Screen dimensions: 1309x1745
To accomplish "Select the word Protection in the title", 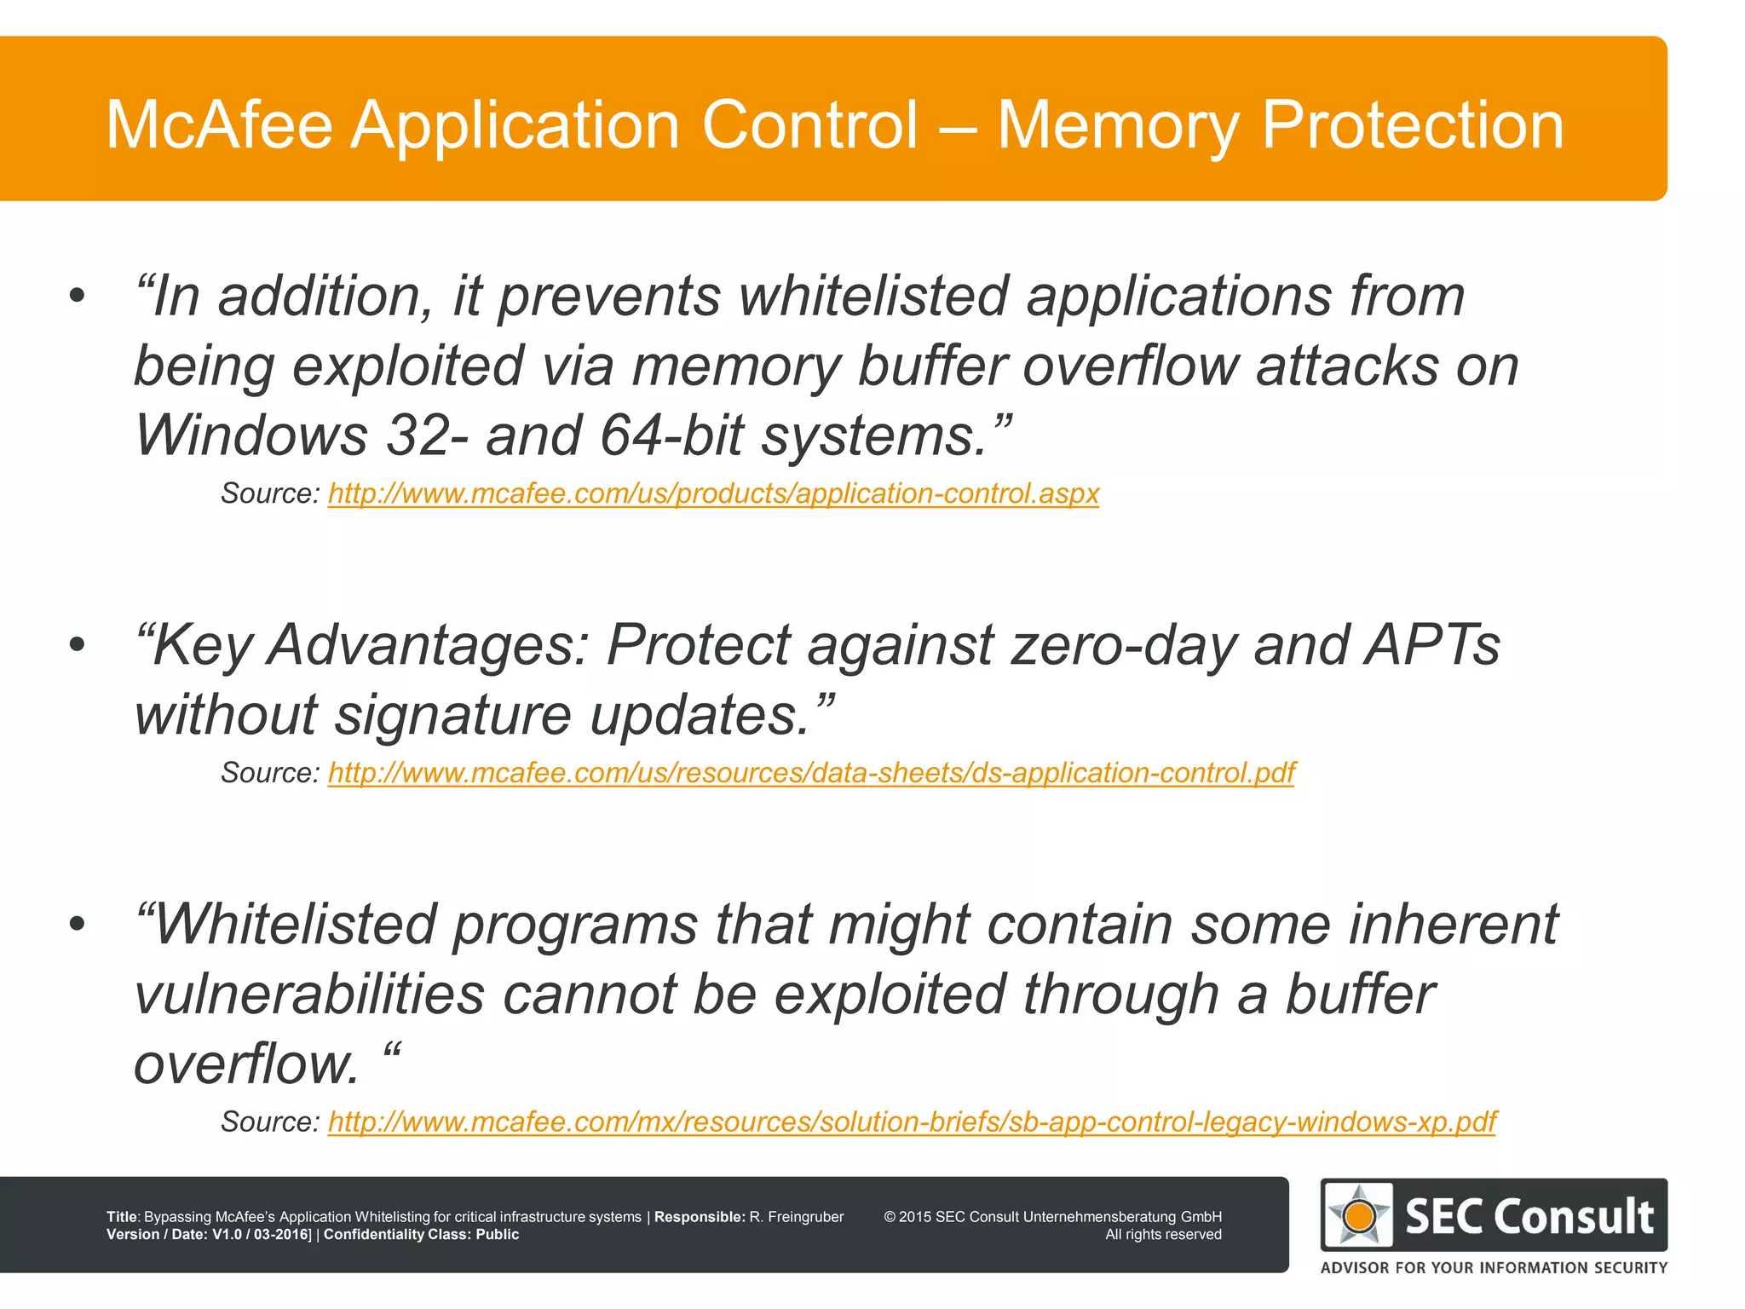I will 1412,125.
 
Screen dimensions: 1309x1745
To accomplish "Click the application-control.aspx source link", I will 713,493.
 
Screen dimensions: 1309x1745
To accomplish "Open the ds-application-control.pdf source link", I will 811,773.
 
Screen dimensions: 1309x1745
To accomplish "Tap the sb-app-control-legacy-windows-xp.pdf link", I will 912,1122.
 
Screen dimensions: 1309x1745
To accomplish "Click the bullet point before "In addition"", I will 78,297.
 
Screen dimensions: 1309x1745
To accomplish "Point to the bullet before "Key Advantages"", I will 78,645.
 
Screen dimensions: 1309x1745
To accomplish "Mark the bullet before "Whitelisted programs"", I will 78,925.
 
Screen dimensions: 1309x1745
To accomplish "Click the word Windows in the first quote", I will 251,435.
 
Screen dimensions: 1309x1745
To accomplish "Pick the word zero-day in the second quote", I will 1124,645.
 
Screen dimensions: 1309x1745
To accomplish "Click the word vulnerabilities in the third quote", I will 309,995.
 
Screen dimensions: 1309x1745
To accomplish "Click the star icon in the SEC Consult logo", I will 1358,1215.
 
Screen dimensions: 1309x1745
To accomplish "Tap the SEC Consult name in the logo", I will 1529,1216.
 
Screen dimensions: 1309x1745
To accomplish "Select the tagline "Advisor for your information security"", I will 1494,1267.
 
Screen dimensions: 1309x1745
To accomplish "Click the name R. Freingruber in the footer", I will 797,1217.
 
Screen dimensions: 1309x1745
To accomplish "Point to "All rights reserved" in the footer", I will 1163,1235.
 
